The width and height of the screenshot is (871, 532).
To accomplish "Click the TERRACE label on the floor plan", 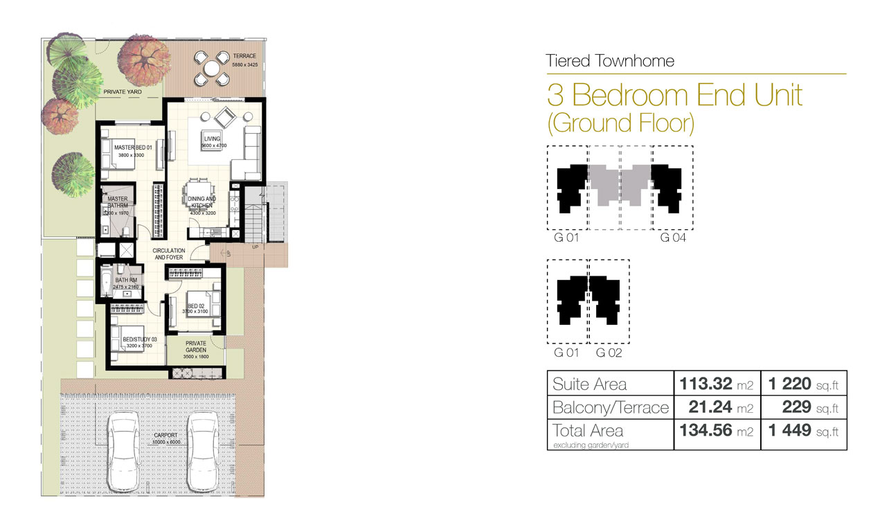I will (x=244, y=56).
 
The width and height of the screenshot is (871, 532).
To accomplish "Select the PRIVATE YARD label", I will (x=122, y=91).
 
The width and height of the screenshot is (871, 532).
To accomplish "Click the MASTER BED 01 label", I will (x=128, y=148).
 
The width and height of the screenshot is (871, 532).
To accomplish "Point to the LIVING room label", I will (x=212, y=139).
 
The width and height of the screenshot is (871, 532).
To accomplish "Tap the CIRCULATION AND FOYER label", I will (x=169, y=254).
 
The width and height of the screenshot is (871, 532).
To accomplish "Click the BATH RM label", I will (x=127, y=281).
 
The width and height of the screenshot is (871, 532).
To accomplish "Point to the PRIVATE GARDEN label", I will (x=196, y=346).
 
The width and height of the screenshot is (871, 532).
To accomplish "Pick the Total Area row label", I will (x=588, y=431).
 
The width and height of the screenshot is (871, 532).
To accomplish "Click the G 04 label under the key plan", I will (x=672, y=238).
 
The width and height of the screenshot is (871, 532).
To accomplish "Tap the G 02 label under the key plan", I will (x=609, y=353).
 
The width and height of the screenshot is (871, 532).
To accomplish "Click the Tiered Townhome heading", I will (x=610, y=61).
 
